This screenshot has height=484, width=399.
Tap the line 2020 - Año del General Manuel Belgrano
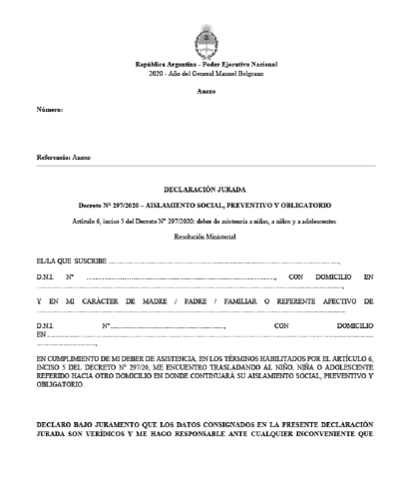[x=199, y=75]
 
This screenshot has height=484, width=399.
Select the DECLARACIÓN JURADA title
[x=199, y=187]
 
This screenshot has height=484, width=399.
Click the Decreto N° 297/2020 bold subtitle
[x=199, y=204]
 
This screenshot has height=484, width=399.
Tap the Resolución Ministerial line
[x=199, y=237]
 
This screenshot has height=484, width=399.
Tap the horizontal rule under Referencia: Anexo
[x=199, y=165]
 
